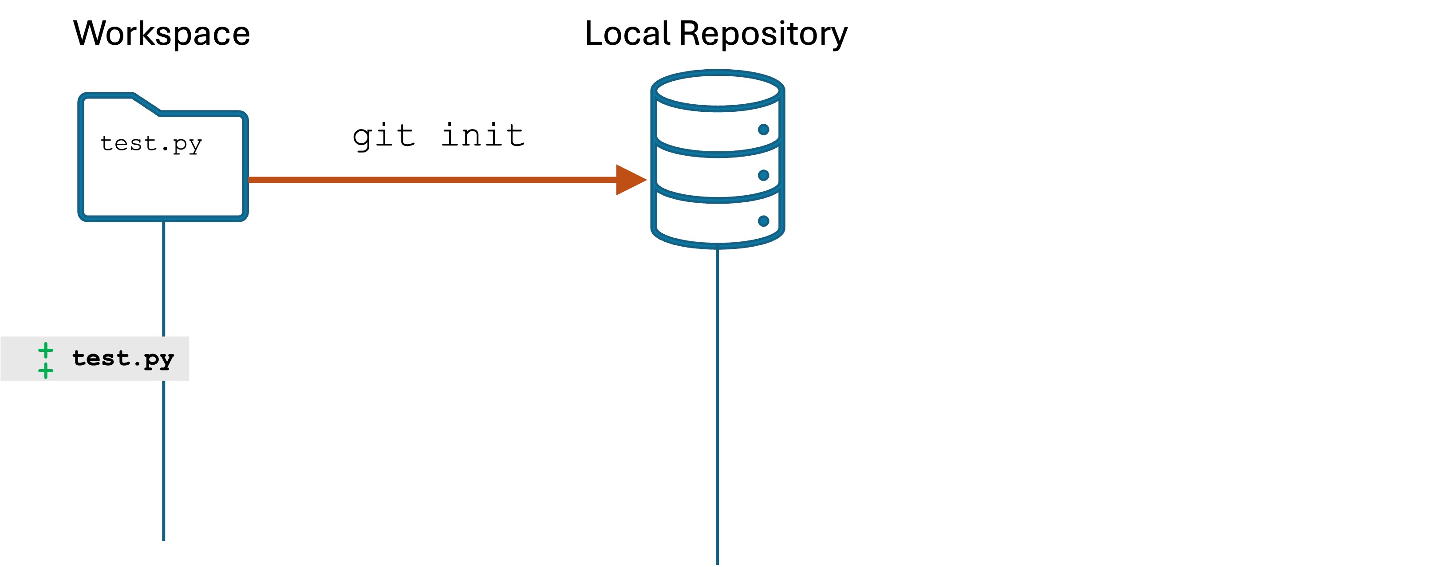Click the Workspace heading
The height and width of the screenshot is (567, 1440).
click(162, 34)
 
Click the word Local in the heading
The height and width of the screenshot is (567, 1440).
click(627, 34)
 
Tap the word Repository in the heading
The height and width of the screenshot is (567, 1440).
click(763, 34)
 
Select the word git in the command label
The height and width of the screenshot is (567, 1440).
click(383, 136)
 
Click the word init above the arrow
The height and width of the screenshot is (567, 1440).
click(483, 136)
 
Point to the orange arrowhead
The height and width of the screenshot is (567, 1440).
click(630, 180)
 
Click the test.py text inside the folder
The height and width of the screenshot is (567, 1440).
click(151, 144)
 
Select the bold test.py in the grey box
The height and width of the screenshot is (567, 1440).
click(123, 358)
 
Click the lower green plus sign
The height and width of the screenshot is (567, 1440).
click(46, 370)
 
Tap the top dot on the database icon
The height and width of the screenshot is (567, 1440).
click(764, 130)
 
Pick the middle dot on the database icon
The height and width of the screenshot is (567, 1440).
click(764, 175)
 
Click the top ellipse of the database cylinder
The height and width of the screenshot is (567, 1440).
click(718, 90)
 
